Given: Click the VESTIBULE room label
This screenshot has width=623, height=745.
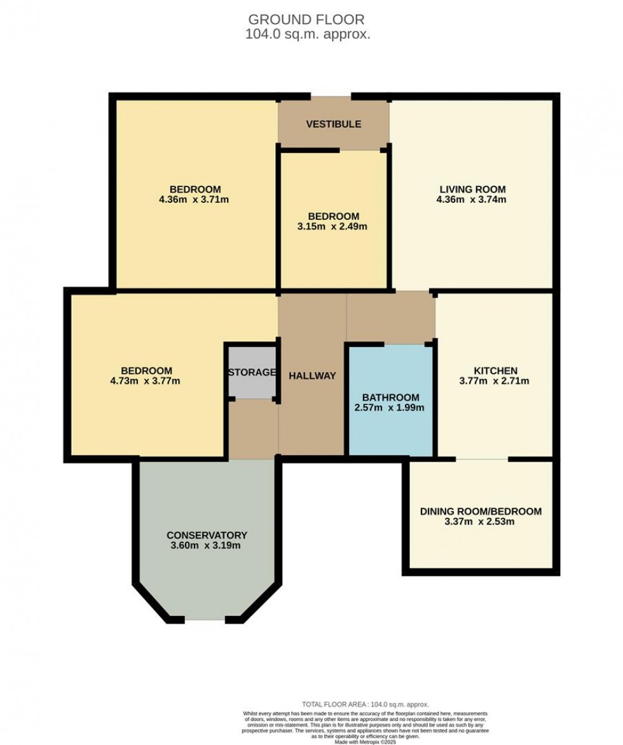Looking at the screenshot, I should (333, 124).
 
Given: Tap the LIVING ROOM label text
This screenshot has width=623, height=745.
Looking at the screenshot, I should (472, 189).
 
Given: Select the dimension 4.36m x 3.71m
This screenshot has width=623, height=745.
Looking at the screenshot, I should (195, 200).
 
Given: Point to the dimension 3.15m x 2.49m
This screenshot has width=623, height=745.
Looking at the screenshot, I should (333, 226).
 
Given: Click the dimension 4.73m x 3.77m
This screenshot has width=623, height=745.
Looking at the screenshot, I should (146, 381).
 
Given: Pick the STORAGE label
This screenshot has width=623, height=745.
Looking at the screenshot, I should (252, 372).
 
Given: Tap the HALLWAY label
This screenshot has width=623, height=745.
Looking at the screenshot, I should (312, 376).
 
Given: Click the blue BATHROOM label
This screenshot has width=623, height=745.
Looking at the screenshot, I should (390, 397).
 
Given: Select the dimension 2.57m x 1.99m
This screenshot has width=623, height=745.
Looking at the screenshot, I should (389, 407).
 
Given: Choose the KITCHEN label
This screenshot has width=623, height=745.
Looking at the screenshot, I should (495, 371).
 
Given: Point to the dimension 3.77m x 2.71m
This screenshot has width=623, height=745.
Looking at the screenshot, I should (495, 381).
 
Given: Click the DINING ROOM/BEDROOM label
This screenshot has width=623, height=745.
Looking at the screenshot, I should (481, 511).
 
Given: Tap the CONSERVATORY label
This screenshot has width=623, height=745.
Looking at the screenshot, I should (207, 535).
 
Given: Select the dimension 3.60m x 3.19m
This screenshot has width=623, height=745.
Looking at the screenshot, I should (206, 545).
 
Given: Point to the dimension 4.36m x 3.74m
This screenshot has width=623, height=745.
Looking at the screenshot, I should (472, 200).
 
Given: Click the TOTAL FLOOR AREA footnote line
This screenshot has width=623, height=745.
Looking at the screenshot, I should (365, 704).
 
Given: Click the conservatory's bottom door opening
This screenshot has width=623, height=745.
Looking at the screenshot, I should (205, 619).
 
